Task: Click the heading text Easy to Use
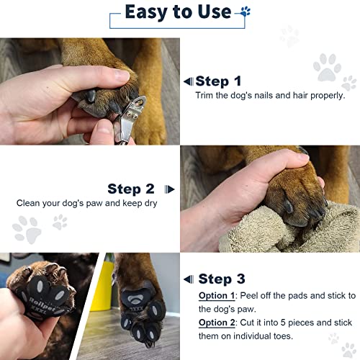[177, 12]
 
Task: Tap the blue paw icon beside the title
[246, 12]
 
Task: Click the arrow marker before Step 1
[188, 81]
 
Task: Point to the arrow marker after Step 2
[169, 189]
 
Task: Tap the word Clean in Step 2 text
[30, 203]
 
